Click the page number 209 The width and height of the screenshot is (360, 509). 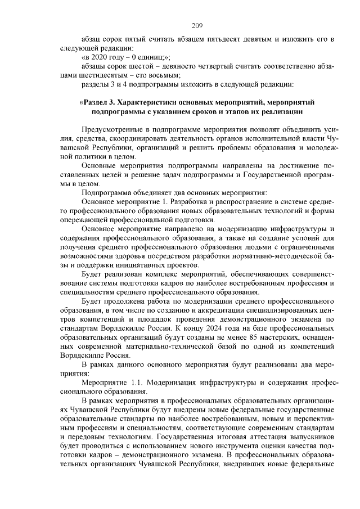196,25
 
